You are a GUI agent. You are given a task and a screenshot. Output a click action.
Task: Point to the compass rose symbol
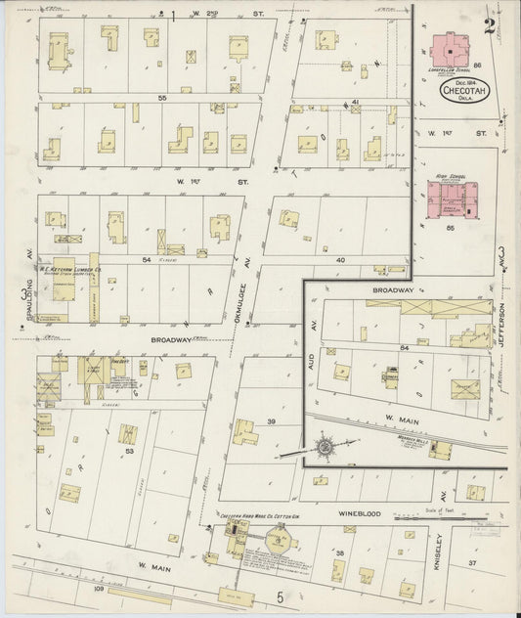point(324,448)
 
